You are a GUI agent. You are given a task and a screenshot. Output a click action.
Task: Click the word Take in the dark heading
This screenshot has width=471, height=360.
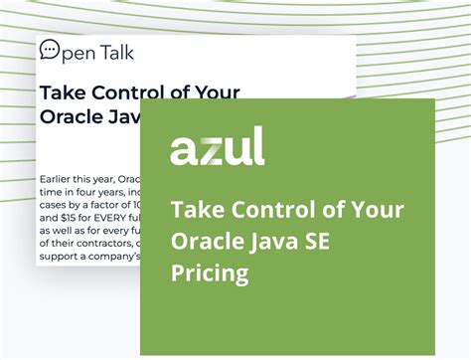coord(63,92)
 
